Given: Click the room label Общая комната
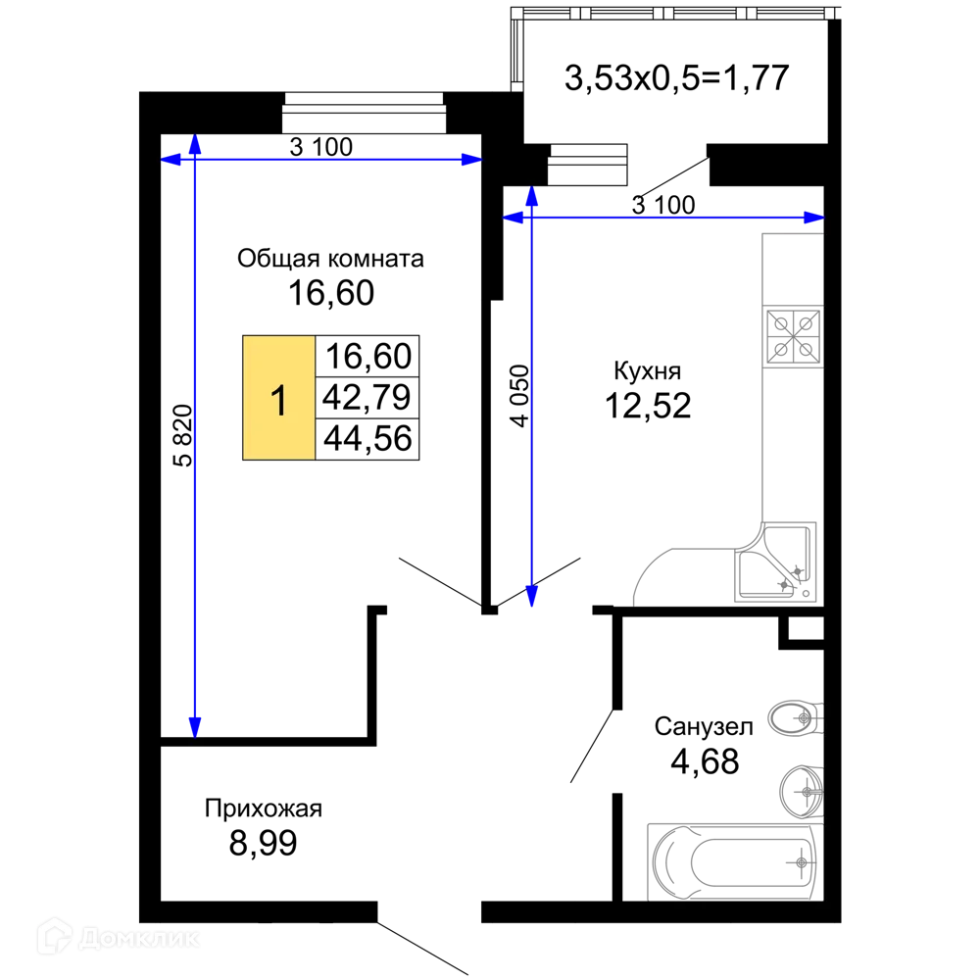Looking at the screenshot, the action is [x=330, y=259].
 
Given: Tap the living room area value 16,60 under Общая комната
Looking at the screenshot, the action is [x=331, y=293].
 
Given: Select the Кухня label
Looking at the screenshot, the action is [x=648, y=371].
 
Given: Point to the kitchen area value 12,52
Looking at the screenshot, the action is [x=648, y=406].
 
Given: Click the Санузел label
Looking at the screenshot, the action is [x=704, y=726].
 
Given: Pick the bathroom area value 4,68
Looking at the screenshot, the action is [x=705, y=761].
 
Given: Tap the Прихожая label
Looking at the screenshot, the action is [x=263, y=808].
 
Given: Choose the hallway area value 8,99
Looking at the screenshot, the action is [x=263, y=843].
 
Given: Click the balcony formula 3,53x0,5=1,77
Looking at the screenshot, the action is [x=677, y=78].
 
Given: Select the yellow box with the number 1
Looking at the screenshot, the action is [x=278, y=398].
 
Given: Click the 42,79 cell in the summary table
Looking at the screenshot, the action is [x=367, y=398].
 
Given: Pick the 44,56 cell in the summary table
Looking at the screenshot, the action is [x=367, y=439].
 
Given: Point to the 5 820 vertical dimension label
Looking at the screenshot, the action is [x=183, y=436].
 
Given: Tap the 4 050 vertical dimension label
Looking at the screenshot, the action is [x=519, y=396].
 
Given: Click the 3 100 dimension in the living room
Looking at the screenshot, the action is [x=321, y=148].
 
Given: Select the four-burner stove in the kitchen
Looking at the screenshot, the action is [x=794, y=337].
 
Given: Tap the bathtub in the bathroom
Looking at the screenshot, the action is [x=735, y=862].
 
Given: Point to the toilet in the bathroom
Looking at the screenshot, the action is [x=796, y=718].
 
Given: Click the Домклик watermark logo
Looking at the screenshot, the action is [x=119, y=937].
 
